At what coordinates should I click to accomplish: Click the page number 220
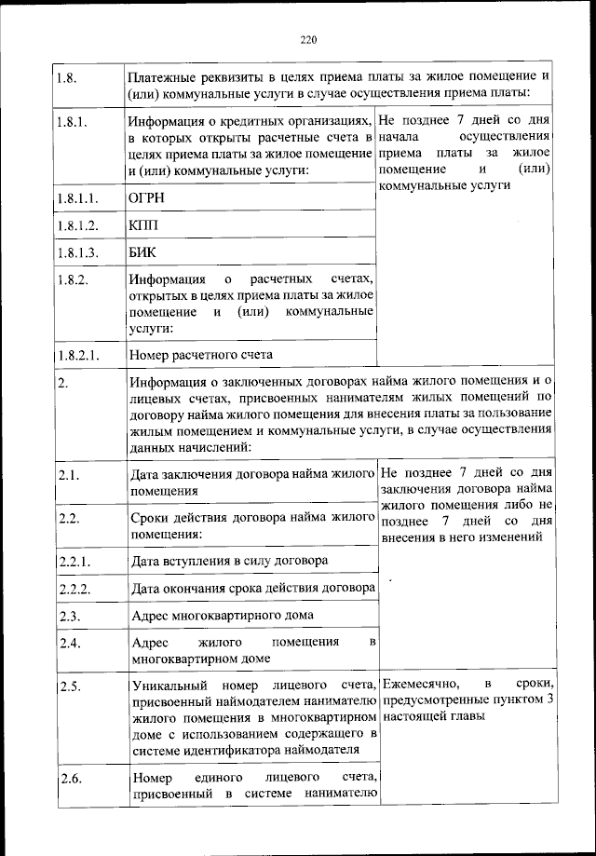pyautogui.click(x=309, y=39)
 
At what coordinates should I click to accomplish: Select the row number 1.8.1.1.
pyautogui.click(x=76, y=198)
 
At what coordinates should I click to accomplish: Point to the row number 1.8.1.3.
pyautogui.click(x=76, y=252)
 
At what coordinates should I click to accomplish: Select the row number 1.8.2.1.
pyautogui.click(x=76, y=355)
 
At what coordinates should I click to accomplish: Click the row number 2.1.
pyautogui.click(x=67, y=476)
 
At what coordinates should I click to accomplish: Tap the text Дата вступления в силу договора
pyautogui.click(x=228, y=562)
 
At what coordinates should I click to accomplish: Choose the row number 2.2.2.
pyautogui.click(x=73, y=589)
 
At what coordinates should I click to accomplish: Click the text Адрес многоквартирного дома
pyautogui.click(x=223, y=616)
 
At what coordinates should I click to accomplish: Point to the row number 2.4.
pyautogui.click(x=67, y=643)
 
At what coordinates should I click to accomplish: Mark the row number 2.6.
pyautogui.click(x=67, y=777)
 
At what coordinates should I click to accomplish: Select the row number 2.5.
pyautogui.click(x=67, y=686)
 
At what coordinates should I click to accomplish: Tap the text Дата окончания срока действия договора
pyautogui.click(x=252, y=589)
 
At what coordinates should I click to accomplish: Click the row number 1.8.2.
pyautogui.click(x=73, y=279)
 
